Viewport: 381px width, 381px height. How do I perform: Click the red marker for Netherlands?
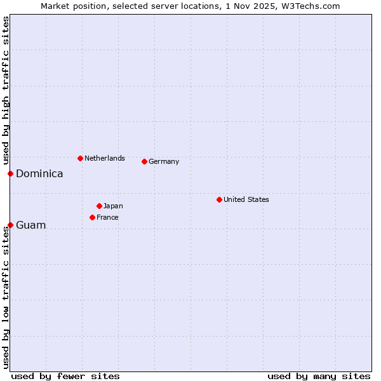tap(80, 158)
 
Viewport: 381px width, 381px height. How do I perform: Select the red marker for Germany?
tap(144, 161)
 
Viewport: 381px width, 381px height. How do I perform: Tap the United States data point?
tap(219, 199)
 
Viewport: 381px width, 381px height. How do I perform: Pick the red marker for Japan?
tap(99, 206)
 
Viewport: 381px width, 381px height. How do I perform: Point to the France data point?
tap(92, 217)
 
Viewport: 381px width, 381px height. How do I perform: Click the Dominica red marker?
tap(10, 173)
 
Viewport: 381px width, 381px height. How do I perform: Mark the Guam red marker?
tap(10, 225)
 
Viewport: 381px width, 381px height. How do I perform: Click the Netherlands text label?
tap(105, 158)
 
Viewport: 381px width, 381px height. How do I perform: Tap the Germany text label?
tap(164, 161)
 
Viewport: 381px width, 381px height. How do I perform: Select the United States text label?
tap(246, 199)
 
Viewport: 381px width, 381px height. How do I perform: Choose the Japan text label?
tap(113, 206)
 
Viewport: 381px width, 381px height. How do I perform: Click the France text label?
tap(107, 217)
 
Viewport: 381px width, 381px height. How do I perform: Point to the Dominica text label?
tap(39, 173)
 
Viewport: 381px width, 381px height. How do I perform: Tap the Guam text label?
tap(31, 225)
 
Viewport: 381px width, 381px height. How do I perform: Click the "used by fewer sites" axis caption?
tap(65, 376)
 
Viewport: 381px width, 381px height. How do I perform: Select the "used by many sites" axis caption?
tap(319, 376)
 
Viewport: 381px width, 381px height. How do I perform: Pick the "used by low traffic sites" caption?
tap(6, 297)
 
